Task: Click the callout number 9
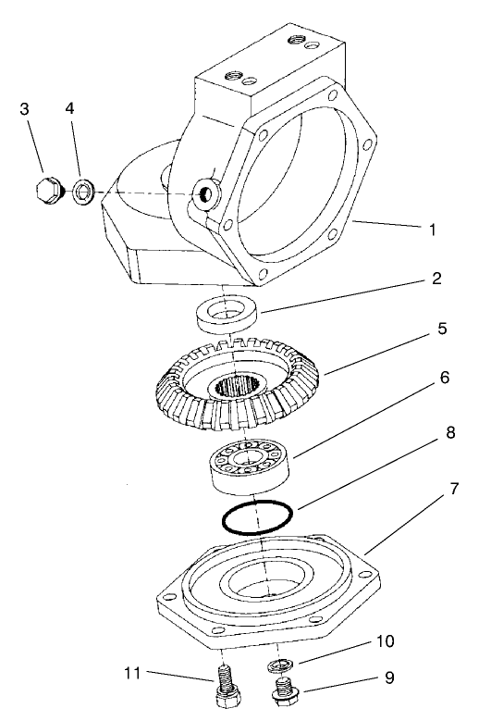click(387, 677)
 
